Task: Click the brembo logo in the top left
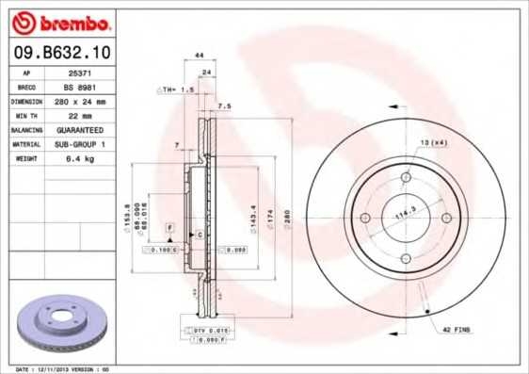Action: (59, 21)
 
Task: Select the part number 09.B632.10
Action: (57, 55)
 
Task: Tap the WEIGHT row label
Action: (27, 158)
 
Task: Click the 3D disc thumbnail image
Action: (58, 322)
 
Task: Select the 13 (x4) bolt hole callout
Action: (432, 140)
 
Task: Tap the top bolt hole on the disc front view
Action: (407, 178)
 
